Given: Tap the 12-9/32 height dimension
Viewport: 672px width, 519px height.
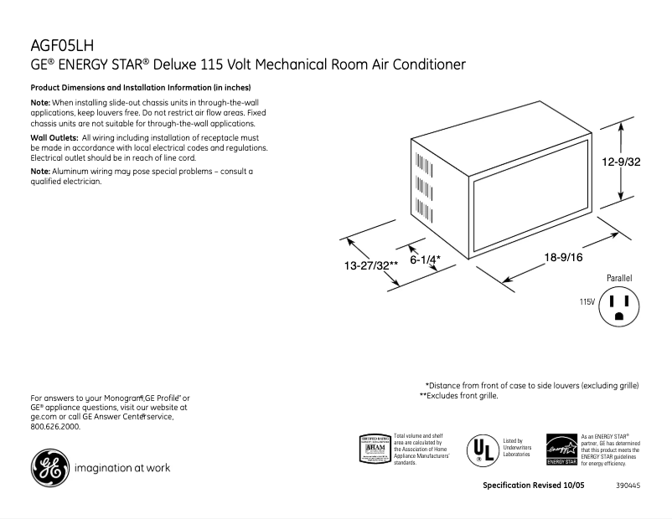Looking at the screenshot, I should point(621,162).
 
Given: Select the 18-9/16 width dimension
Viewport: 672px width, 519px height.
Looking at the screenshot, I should point(563,257).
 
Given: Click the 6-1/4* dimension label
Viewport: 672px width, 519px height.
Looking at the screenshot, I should point(425,260).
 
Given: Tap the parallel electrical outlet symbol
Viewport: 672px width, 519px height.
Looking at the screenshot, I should point(620,306).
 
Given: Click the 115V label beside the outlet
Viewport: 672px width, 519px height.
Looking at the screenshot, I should point(586,301).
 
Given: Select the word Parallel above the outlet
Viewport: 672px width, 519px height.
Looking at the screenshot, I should point(619,277).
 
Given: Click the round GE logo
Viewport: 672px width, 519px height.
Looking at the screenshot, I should point(49,468).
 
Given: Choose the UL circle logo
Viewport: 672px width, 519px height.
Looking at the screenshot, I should point(478,450).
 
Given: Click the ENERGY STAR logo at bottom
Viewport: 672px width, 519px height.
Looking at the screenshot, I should point(561,450).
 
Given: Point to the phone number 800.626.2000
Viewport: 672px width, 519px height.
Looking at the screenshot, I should point(55,427).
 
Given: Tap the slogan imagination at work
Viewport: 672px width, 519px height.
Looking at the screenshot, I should point(122,468).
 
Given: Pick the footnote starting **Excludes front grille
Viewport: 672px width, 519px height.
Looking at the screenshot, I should point(458,395).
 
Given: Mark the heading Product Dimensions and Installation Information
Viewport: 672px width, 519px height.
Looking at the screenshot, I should point(141,88).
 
